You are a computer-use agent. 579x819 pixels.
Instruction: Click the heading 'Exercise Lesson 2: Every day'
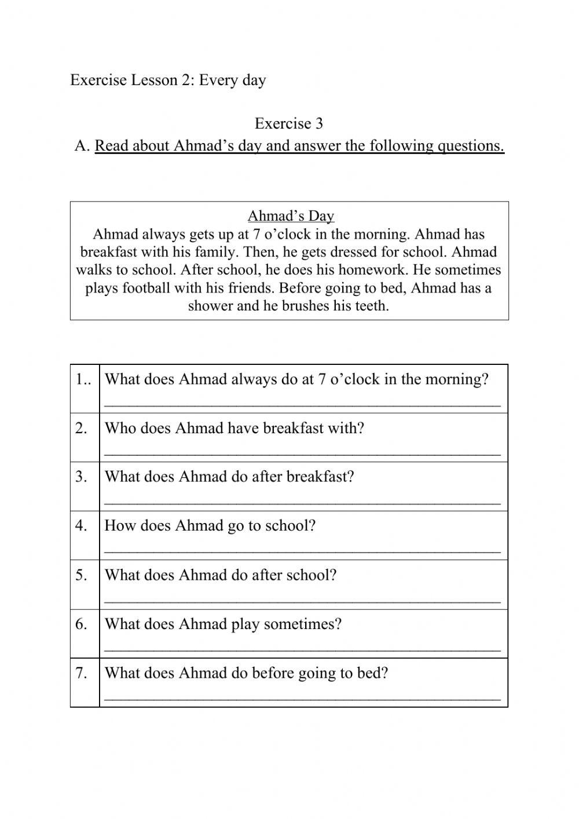pyautogui.click(x=168, y=80)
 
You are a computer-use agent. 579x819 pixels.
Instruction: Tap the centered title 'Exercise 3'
pyautogui.click(x=288, y=123)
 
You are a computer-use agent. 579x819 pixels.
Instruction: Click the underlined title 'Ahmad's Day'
pyautogui.click(x=291, y=216)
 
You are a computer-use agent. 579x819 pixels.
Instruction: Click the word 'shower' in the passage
pyautogui.click(x=210, y=306)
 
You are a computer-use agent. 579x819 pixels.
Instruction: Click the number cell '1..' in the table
pyautogui.click(x=84, y=379)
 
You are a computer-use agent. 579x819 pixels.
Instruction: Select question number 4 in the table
pyautogui.click(x=81, y=526)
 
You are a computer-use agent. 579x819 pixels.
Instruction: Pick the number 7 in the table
pyautogui.click(x=81, y=673)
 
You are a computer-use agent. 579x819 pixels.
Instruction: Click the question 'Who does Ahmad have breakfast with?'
pyautogui.click(x=234, y=428)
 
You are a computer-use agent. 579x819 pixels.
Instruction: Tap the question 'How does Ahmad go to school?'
pyautogui.click(x=210, y=526)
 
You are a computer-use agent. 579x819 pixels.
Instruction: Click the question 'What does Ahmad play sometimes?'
pyautogui.click(x=223, y=624)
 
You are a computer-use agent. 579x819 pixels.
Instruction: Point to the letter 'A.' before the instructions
pyautogui.click(x=82, y=145)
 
